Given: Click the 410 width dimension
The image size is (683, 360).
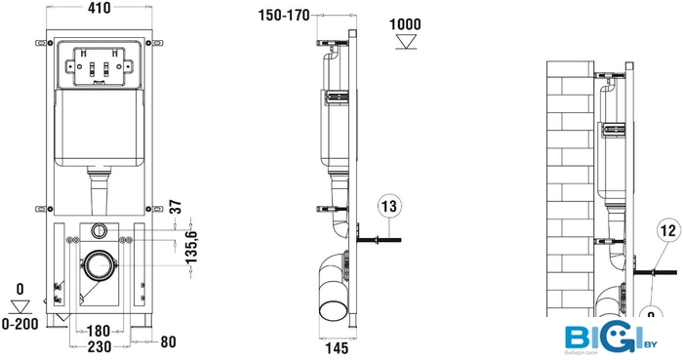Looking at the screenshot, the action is click(100, 8).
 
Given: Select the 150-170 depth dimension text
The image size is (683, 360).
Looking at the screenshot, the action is click(284, 16).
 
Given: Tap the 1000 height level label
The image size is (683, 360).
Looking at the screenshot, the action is click(405, 24).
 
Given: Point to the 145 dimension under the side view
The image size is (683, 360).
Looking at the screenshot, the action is click(337, 348).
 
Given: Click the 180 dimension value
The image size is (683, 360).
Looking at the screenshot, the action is click(99, 331).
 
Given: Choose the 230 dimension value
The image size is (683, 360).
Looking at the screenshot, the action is click(100, 347).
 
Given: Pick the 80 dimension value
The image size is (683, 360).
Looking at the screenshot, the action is click(168, 341).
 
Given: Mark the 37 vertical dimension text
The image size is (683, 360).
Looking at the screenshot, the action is click(175, 207).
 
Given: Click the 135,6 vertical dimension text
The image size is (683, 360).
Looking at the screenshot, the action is click(191, 247).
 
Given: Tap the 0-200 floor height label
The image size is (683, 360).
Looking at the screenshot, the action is click(20, 324).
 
